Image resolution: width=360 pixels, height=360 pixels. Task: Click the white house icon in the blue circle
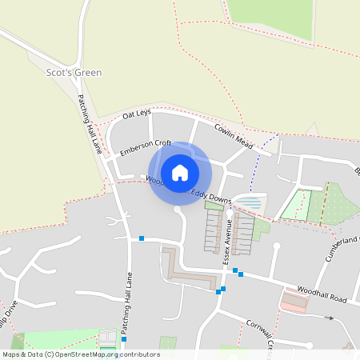pyautogui.click(x=179, y=172)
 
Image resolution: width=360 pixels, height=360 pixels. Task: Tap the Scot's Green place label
pyautogui.click(x=74, y=73)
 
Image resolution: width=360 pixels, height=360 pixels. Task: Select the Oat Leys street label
pyautogui.click(x=137, y=116)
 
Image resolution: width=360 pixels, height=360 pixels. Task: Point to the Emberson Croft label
pyautogui.click(x=146, y=148)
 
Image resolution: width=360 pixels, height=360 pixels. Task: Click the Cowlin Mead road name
pyautogui.click(x=234, y=135)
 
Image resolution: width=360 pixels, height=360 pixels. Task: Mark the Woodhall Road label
pyautogui.click(x=322, y=294)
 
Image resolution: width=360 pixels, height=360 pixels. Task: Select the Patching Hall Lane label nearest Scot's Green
pyautogui.click(x=90, y=124)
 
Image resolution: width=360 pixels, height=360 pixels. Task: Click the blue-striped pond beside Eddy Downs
pyautogui.click(x=250, y=202)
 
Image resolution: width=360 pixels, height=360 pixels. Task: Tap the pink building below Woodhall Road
pyautogui.click(x=294, y=302)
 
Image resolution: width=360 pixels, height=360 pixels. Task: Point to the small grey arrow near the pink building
pyautogui.click(x=328, y=318)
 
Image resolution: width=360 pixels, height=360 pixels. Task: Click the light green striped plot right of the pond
pyautogui.click(x=296, y=204)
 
